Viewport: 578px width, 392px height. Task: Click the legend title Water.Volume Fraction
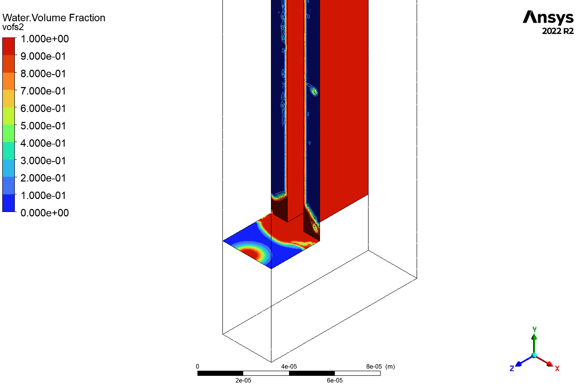coord(54,18)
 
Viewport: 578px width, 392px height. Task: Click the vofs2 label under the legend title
coord(13,27)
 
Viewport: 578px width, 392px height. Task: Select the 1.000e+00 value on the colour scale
coord(45,39)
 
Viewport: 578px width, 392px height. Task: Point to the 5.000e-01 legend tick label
coord(43,126)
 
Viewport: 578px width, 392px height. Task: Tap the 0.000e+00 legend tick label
coord(45,213)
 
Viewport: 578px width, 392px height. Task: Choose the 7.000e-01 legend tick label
coord(43,91)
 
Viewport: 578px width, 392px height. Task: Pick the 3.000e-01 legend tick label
coord(43,161)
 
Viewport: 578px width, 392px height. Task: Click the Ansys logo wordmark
coord(548,18)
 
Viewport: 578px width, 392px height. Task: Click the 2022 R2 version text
coord(558,31)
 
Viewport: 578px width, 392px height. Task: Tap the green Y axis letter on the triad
coord(535,329)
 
